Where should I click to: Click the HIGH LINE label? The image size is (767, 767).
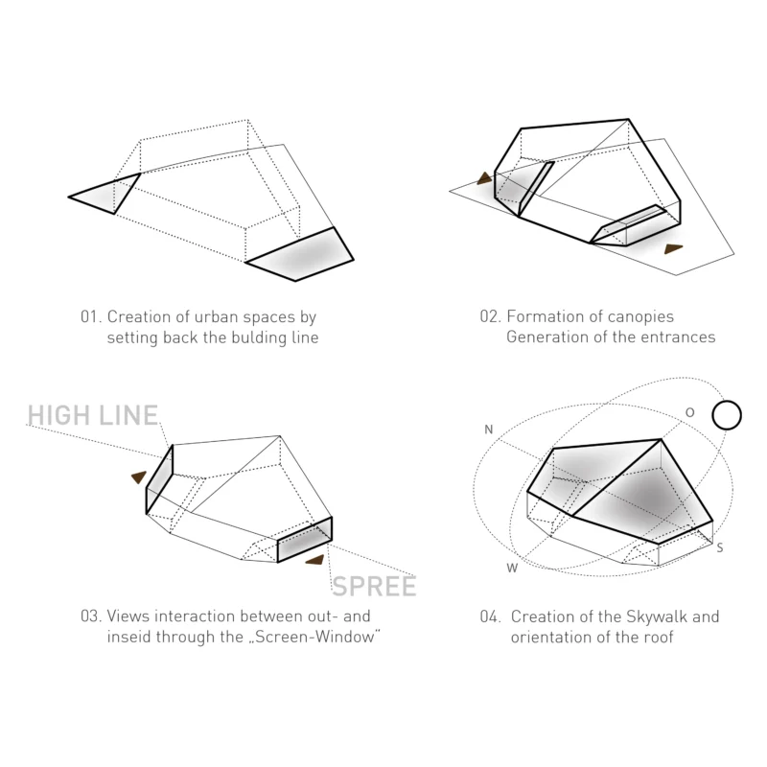click(x=93, y=415)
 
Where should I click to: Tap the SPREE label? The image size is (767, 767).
click(x=374, y=586)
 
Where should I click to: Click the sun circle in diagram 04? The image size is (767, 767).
click(x=727, y=415)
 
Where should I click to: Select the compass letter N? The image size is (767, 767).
click(x=488, y=429)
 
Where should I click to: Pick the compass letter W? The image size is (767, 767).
click(x=512, y=568)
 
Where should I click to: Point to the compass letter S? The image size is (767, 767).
click(x=720, y=547)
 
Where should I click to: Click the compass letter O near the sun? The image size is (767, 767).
click(x=689, y=412)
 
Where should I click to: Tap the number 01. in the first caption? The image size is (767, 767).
click(x=91, y=316)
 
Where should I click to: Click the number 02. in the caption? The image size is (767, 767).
click(x=490, y=316)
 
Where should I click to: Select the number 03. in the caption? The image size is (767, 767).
click(x=91, y=616)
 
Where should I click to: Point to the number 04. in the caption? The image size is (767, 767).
click(x=490, y=616)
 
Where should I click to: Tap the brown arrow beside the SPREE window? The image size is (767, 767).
click(x=315, y=560)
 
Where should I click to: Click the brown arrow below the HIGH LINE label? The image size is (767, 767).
click(x=139, y=476)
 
